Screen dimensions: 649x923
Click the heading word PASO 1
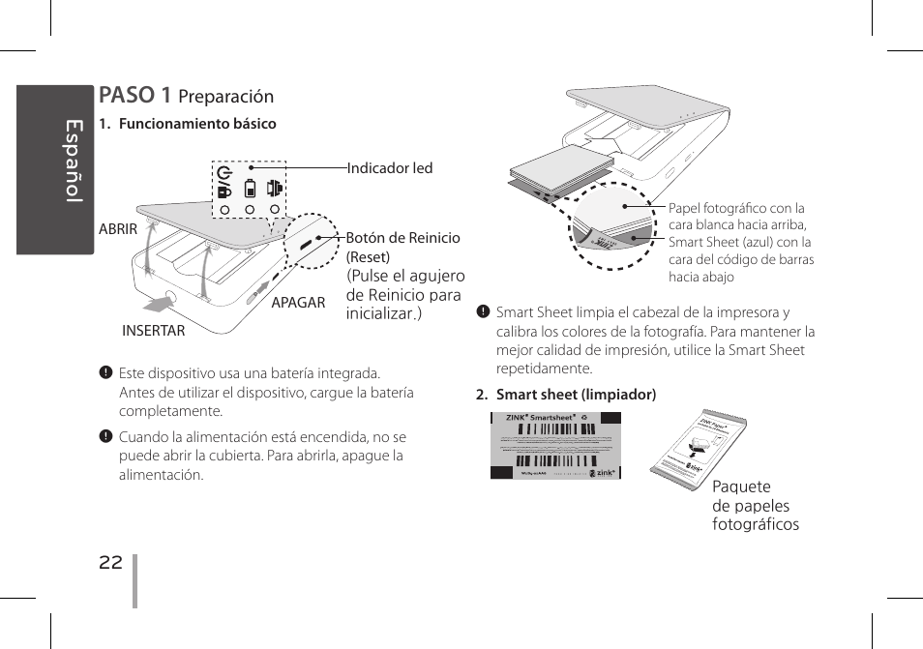pos(134,95)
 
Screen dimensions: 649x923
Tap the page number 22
pos(110,563)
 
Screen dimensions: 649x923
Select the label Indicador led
pos(390,168)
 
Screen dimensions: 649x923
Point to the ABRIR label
pos(118,230)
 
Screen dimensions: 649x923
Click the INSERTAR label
pos(153,331)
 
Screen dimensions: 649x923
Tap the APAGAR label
pos(298,303)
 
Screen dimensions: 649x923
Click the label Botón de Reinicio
pos(403,238)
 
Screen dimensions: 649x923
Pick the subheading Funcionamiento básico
pos(196,124)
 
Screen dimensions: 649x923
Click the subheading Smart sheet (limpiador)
pos(576,395)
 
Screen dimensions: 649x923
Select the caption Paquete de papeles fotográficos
pos(755,506)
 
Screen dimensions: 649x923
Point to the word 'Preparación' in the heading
pos(226,97)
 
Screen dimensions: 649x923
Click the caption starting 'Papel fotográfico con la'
pos(741,243)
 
